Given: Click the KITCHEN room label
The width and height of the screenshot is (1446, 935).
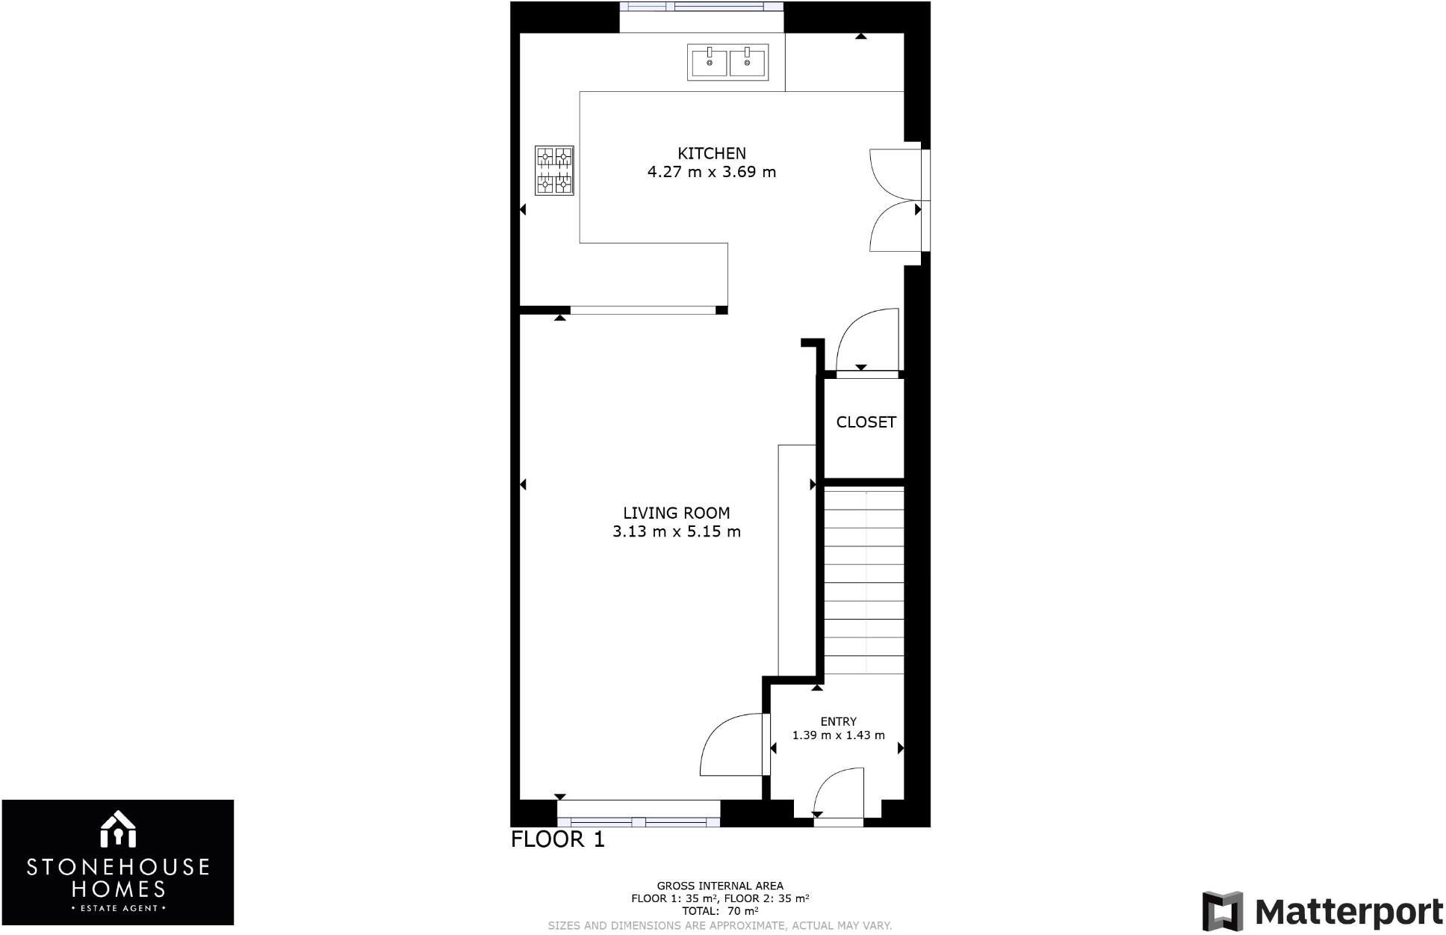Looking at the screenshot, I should [x=711, y=153].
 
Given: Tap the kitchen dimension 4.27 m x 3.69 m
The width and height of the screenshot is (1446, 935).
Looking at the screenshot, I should [x=711, y=172].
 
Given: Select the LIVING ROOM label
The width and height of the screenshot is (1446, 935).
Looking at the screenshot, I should [x=676, y=513].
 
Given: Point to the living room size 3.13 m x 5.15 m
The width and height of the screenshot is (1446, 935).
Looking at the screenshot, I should [x=676, y=532].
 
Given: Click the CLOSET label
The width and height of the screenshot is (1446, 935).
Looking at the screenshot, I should [x=866, y=422].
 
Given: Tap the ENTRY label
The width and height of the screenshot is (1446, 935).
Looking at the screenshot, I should [x=838, y=721].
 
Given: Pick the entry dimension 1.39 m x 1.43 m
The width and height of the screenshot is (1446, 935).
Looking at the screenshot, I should [x=838, y=735].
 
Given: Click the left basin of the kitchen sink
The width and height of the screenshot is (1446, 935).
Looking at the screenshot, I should [x=709, y=62].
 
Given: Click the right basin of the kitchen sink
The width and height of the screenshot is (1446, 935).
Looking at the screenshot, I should [x=748, y=62].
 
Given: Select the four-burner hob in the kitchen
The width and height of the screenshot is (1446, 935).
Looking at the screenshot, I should [x=554, y=170].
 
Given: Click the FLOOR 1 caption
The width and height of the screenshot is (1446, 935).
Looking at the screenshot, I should [x=557, y=839].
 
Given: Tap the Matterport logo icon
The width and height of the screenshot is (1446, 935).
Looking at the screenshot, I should [x=1222, y=911].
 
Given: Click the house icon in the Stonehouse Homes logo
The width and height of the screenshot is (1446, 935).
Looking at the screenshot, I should [x=117, y=830].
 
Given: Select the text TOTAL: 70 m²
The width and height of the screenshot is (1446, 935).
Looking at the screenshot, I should [x=720, y=911].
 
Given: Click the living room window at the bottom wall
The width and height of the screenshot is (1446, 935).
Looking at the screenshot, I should [x=639, y=822].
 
